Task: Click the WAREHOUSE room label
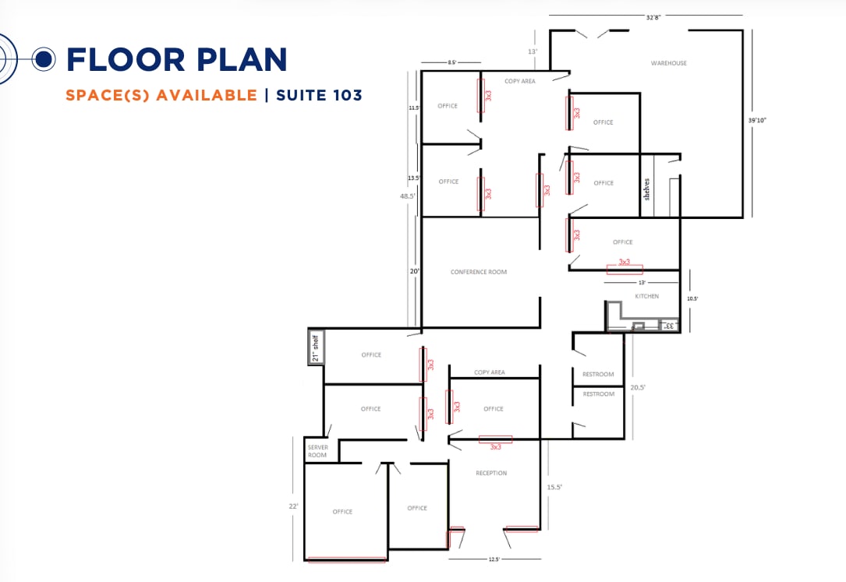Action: (x=669, y=63)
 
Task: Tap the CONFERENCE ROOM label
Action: (x=479, y=272)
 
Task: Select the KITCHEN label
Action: (x=646, y=296)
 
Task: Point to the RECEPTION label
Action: (x=491, y=473)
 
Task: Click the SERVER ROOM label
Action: (x=317, y=451)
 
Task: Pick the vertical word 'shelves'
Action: (x=646, y=189)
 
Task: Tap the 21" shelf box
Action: (x=317, y=347)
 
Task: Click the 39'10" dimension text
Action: (x=757, y=120)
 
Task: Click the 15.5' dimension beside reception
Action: (x=554, y=487)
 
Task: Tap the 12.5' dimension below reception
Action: (x=494, y=559)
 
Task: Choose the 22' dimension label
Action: (x=294, y=506)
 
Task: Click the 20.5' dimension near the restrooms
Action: (x=637, y=386)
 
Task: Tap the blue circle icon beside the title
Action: (x=44, y=58)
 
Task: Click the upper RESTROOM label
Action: (x=598, y=375)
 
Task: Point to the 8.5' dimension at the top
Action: (x=451, y=62)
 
